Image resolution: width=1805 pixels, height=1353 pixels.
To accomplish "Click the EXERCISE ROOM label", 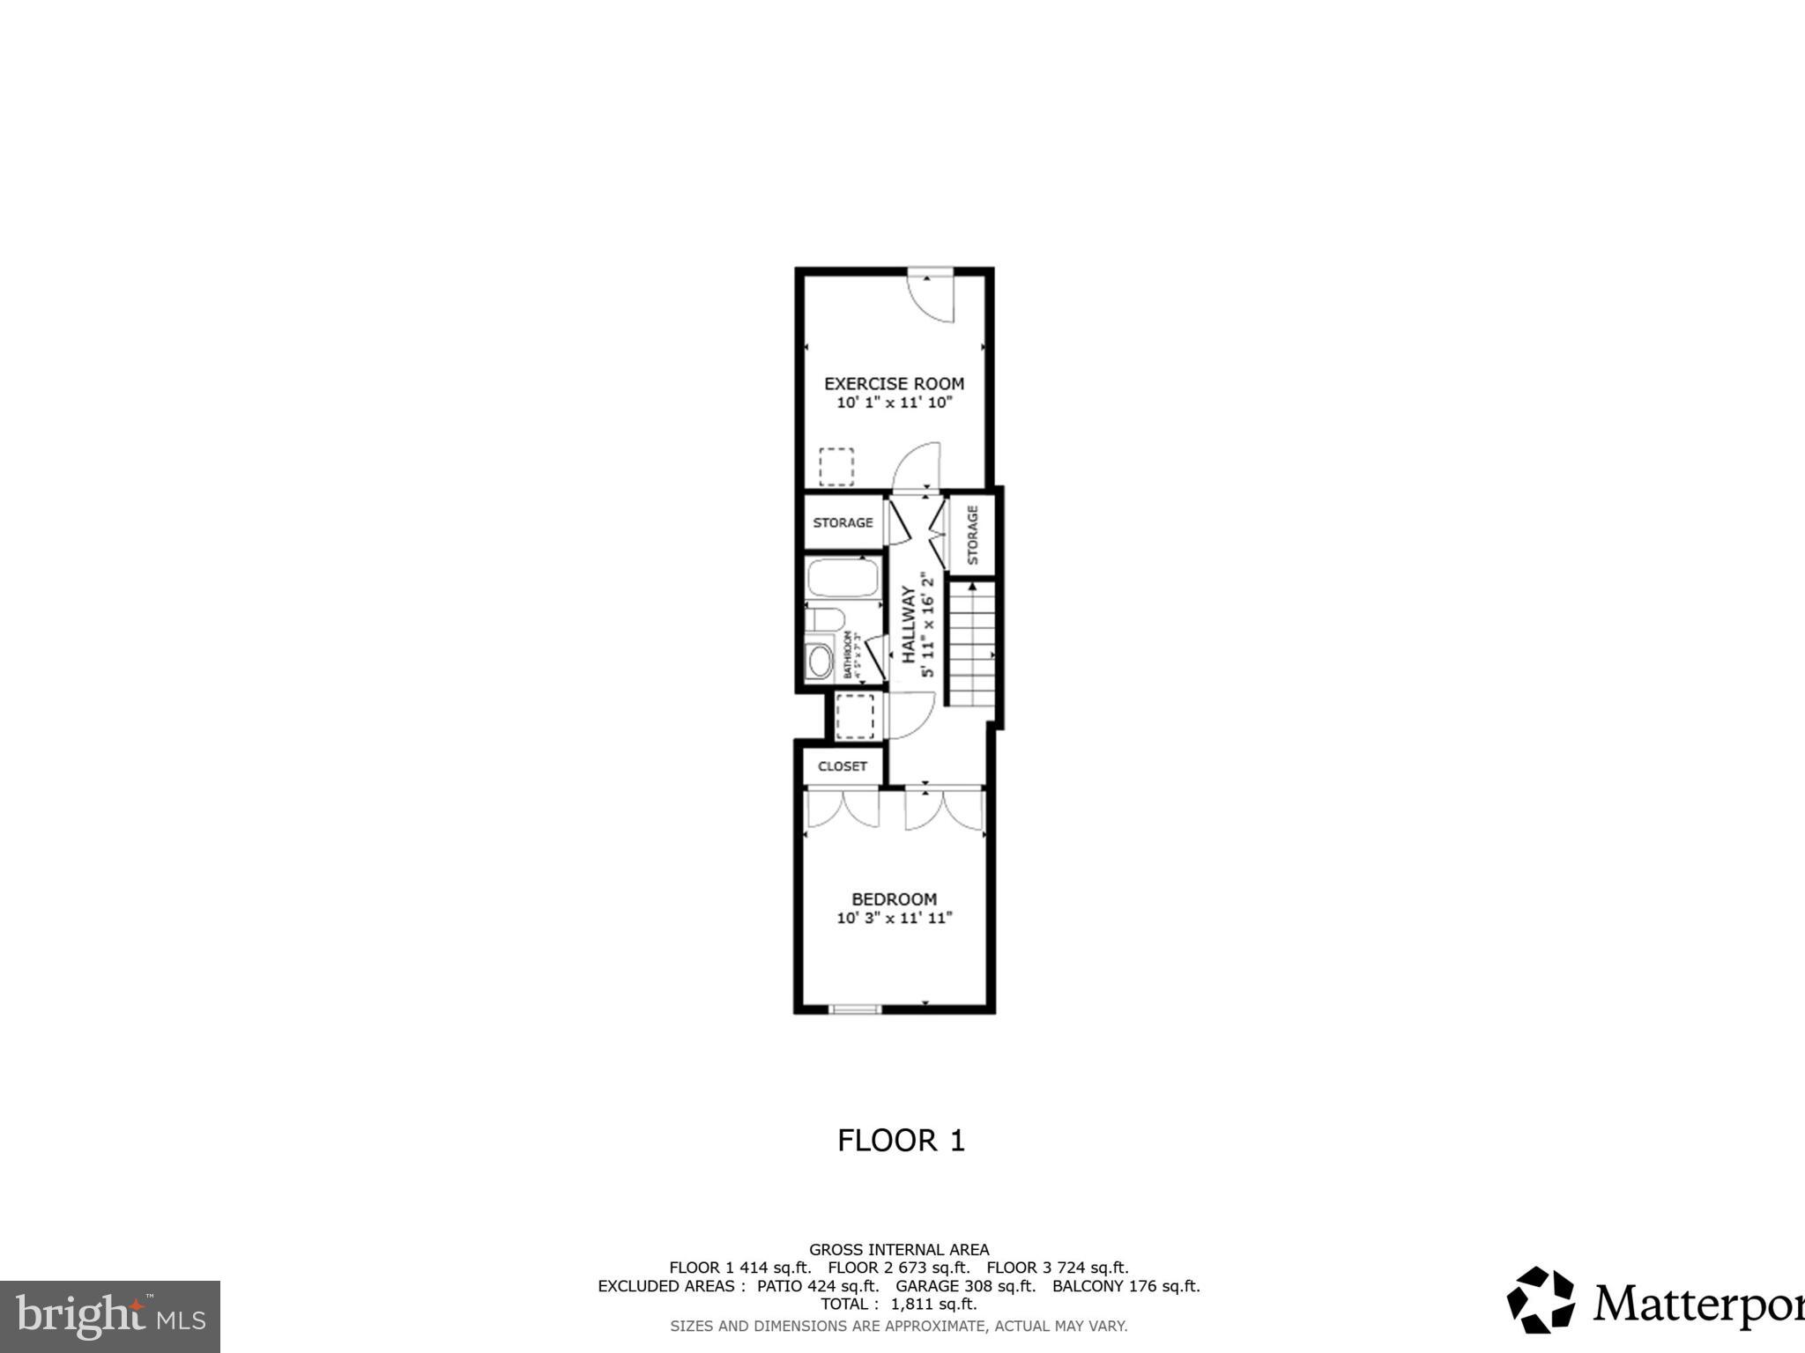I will (894, 383).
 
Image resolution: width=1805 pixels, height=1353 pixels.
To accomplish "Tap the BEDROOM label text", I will (894, 899).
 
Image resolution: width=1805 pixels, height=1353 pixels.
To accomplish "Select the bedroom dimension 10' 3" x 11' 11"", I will (894, 918).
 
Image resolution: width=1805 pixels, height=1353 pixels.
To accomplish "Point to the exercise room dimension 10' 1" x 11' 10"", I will (894, 403).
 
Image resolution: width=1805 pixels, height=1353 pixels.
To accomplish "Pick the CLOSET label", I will (842, 766).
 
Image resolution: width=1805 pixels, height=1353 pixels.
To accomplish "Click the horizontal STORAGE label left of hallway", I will (843, 522).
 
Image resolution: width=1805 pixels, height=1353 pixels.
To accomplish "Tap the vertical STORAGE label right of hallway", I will (973, 535).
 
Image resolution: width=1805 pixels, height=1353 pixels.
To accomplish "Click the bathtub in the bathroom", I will (843, 577).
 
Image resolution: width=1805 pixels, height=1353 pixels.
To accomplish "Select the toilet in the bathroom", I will (823, 619).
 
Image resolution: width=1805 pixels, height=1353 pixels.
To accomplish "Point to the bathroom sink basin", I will (820, 662).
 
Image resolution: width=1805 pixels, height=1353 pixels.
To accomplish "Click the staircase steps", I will (971, 643).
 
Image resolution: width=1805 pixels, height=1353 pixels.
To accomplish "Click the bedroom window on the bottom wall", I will (854, 1009).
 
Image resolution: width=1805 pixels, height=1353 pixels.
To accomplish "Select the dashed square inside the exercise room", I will (836, 467).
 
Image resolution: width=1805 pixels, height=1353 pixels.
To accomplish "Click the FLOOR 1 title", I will (901, 1141).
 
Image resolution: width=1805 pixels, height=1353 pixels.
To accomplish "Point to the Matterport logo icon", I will (1540, 1300).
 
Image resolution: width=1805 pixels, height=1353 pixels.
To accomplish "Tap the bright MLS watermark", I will (109, 1317).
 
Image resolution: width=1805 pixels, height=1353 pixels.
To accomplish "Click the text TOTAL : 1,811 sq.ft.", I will (899, 1304).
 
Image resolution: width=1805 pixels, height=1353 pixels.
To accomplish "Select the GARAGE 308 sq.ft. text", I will (965, 1286).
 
